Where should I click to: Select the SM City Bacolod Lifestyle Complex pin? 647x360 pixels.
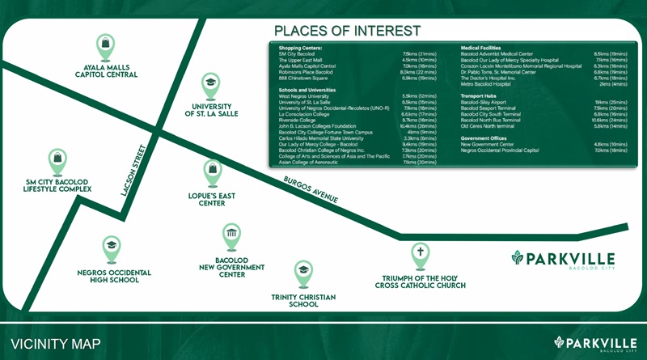(57, 161)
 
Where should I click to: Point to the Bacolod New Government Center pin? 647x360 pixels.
(231, 236)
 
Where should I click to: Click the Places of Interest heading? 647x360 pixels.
(347, 31)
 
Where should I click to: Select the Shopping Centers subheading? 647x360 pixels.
(301, 49)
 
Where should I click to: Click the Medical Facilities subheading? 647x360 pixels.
(486, 49)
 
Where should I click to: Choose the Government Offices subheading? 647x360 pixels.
(487, 138)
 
